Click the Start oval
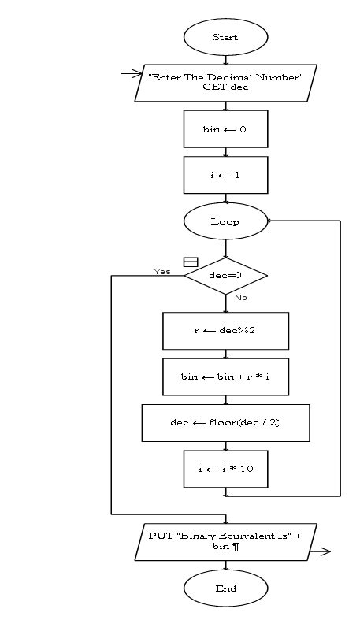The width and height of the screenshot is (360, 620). [225, 37]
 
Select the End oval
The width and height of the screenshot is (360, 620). [225, 588]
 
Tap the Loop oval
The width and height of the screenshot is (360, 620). [225, 221]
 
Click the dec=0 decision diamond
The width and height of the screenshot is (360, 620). [225, 276]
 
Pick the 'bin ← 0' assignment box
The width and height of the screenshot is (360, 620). [225, 129]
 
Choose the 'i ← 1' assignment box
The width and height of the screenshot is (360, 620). [225, 175]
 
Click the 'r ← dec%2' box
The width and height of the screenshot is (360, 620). [225, 331]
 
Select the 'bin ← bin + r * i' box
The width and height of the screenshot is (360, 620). [225, 377]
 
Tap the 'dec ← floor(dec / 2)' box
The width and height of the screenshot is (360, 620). [225, 423]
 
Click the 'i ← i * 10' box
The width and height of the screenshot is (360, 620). [225, 469]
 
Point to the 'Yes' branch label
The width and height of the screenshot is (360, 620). [162, 272]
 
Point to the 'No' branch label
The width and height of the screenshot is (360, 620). [241, 298]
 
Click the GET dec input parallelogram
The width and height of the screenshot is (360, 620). [225, 82]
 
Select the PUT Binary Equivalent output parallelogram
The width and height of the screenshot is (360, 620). [225, 541]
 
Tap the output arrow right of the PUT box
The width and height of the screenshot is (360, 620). [319, 552]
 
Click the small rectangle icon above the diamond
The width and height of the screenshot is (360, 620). [190, 262]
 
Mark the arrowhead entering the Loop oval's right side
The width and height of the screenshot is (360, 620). [270, 221]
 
